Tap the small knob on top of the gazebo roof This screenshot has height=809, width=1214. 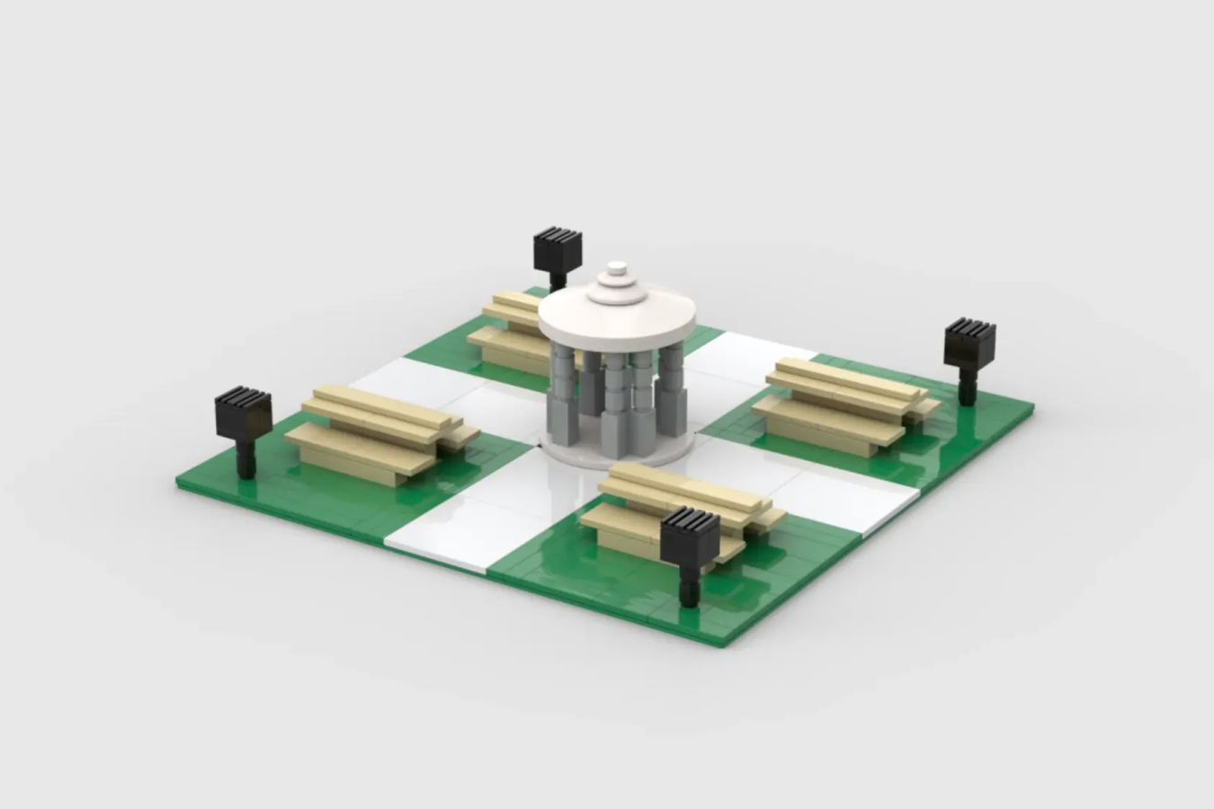[x=617, y=269]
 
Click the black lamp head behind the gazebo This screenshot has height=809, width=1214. [x=558, y=248]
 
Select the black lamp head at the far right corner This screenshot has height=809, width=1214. [x=969, y=342]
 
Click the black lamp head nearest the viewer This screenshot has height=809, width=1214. [x=690, y=537]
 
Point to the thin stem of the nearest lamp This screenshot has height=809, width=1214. [x=690, y=588]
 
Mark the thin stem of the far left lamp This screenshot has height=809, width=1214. [x=245, y=458]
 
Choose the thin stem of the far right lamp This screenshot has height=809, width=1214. [x=967, y=390]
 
